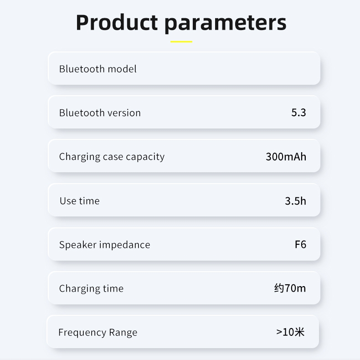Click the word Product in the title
pos(117,22)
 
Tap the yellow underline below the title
pos(181,41)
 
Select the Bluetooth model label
pos(98,69)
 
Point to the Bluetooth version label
pos(100,113)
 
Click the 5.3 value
pos(298,113)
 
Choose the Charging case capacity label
pos(112,157)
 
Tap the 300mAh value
pos(286,157)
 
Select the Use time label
pos(80,201)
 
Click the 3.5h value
pos(295,201)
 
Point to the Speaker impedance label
pos(105,245)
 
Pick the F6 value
pos(300,245)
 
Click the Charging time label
pos(92,288)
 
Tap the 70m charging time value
pos(295,288)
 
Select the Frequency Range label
pos(98,333)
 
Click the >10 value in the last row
pos(285,332)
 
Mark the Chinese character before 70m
pos(279,288)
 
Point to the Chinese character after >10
pos(299,332)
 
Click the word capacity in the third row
pos(145,157)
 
